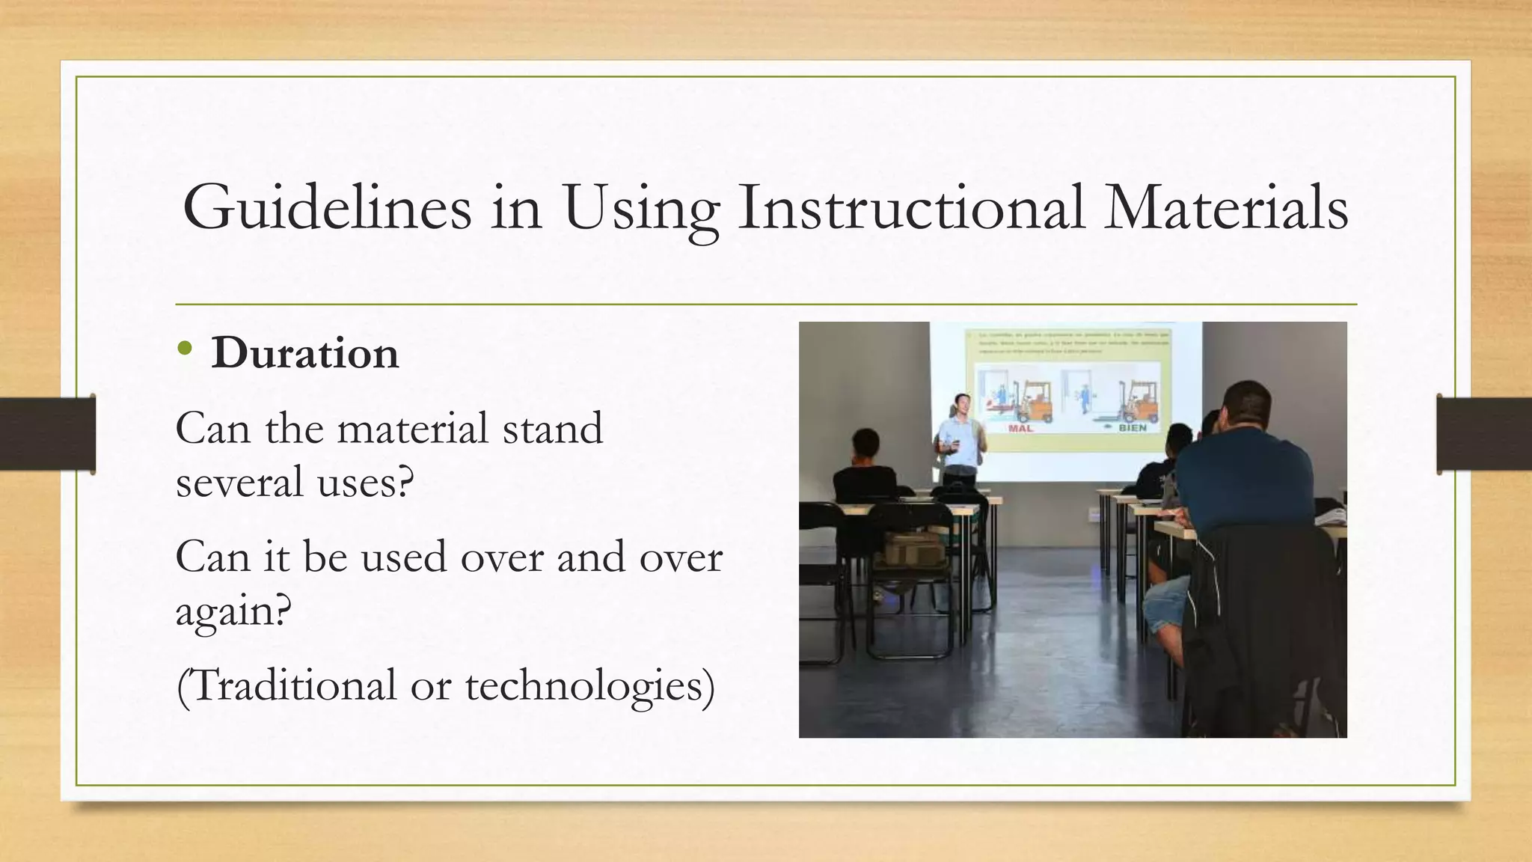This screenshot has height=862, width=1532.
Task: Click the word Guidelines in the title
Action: click(x=327, y=208)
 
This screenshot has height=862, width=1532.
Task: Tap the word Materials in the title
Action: click(x=1226, y=208)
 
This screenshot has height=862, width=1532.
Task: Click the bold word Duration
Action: click(x=304, y=353)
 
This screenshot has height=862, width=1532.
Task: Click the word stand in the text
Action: click(x=552, y=429)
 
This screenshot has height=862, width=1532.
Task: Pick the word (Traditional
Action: click(x=287, y=685)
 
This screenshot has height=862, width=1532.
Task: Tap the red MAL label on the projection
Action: click(x=1020, y=428)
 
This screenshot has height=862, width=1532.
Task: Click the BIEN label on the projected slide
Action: click(x=1132, y=428)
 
